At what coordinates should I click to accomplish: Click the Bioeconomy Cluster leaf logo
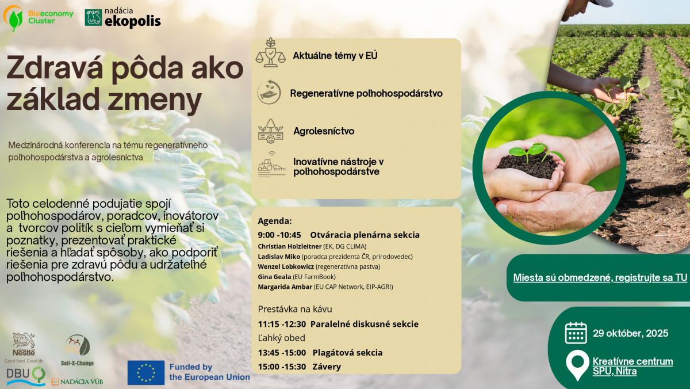tap(13, 18)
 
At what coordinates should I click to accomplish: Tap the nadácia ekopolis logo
tap(122, 18)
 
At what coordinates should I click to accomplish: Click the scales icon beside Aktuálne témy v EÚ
tap(270, 52)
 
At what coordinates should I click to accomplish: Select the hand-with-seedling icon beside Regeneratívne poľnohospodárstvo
tap(269, 92)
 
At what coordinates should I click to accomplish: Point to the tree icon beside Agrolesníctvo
tap(270, 131)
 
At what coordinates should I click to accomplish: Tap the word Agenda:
tap(274, 221)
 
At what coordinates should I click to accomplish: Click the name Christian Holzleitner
tap(290, 246)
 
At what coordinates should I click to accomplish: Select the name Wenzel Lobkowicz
tap(286, 266)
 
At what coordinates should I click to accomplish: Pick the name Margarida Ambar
tap(285, 287)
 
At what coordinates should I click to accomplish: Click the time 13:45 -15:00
tap(282, 353)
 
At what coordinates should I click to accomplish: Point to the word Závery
tap(327, 367)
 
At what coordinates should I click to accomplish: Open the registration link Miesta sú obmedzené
tap(600, 278)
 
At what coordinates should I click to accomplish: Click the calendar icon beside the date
tap(576, 333)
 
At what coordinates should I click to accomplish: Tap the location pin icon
tap(577, 365)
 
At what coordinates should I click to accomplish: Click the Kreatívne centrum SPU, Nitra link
tap(632, 366)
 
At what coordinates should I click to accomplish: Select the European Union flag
tap(146, 373)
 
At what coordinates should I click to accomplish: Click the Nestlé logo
tap(24, 348)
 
